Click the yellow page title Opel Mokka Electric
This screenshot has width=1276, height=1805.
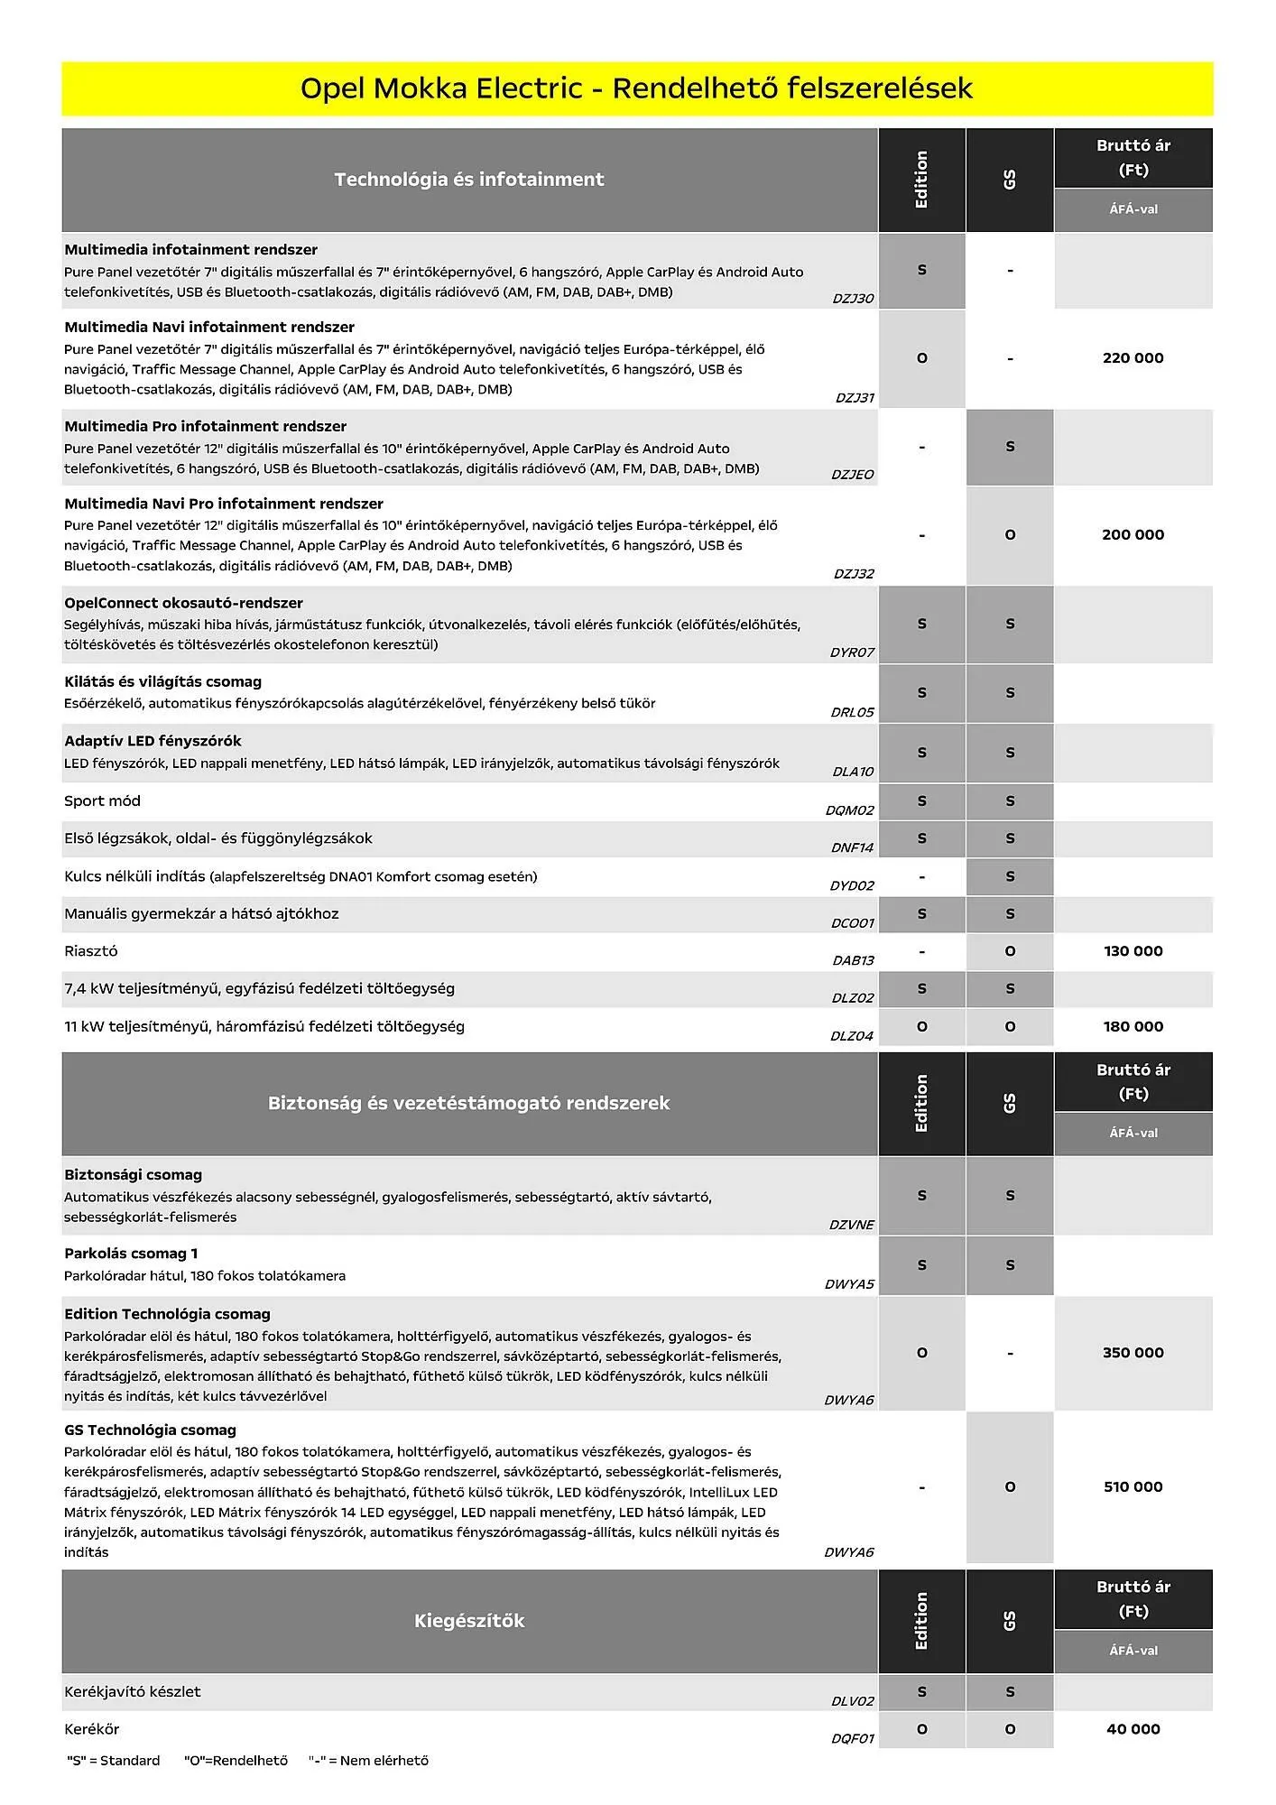point(636,88)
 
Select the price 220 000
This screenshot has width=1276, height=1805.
point(1133,358)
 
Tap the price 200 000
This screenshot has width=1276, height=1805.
point(1133,535)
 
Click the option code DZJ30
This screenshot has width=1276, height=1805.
point(852,299)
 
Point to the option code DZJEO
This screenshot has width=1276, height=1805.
point(852,475)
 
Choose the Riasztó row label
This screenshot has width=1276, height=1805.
point(91,951)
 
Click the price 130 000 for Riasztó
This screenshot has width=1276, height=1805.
point(1133,951)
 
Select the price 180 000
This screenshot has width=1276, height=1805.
point(1133,1027)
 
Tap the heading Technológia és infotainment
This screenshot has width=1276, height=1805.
point(468,180)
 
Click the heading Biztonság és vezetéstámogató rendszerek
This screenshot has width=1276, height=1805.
point(468,1103)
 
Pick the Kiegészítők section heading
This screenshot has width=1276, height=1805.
point(468,1621)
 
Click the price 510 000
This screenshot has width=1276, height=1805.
point(1133,1486)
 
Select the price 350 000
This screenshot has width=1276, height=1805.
point(1133,1353)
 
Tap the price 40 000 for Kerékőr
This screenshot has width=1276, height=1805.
point(1133,1729)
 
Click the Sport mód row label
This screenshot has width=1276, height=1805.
point(102,801)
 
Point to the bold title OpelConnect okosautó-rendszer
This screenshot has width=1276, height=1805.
point(183,603)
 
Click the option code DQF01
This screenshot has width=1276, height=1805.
point(852,1739)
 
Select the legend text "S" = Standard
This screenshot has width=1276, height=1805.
point(114,1761)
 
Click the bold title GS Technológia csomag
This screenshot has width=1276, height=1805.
point(150,1430)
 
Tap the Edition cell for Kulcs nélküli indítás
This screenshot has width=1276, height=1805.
point(921,877)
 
